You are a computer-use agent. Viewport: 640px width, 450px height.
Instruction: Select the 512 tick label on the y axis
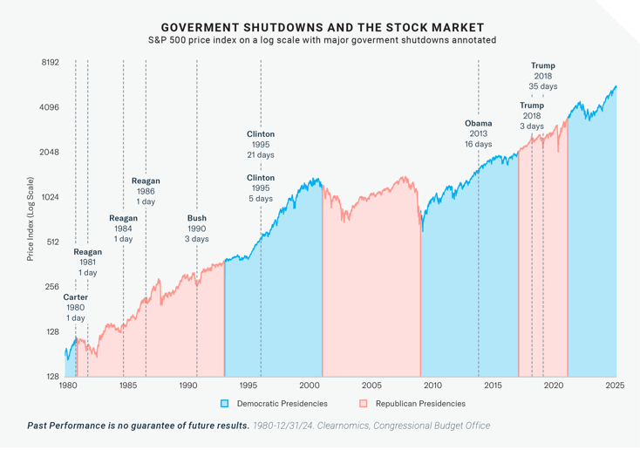(x=51, y=242)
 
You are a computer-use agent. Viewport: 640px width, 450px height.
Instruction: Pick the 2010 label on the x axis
(x=433, y=385)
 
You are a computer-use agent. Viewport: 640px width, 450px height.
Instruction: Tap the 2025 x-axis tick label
(x=616, y=385)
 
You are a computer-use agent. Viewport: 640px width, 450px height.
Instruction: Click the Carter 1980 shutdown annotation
(x=75, y=307)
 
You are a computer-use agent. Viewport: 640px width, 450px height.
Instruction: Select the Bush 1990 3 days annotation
(x=197, y=228)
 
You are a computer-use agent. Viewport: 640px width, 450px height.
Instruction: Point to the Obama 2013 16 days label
(x=478, y=133)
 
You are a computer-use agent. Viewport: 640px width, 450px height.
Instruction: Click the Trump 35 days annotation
(x=542, y=76)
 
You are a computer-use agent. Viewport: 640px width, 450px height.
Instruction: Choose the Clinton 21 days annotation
(x=261, y=144)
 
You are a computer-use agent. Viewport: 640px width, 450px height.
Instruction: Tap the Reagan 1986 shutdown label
(x=146, y=191)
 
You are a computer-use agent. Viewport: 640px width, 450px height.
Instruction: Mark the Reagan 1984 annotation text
(x=123, y=228)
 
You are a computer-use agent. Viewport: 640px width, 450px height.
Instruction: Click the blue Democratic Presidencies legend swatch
(x=224, y=404)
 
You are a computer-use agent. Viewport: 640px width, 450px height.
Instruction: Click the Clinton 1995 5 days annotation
(x=261, y=188)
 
